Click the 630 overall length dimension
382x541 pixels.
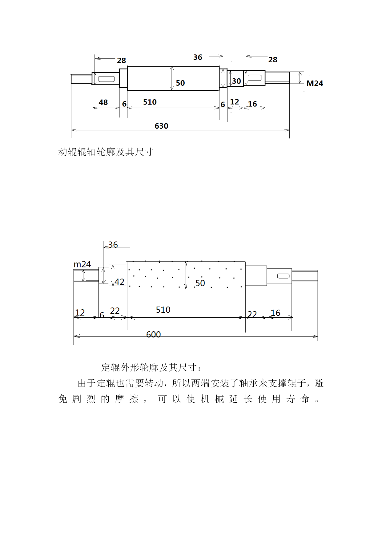click(161, 126)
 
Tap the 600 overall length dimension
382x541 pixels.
click(153, 334)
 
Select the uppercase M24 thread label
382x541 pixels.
click(315, 83)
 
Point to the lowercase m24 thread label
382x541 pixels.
click(82, 264)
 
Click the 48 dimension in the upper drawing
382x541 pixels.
click(103, 102)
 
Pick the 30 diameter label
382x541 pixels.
click(236, 81)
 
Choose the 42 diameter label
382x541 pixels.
click(119, 282)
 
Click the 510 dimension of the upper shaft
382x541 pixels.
click(150, 102)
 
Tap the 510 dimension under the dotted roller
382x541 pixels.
click(163, 310)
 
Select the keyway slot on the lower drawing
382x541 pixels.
click(283, 276)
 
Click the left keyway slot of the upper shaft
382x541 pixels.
click(107, 79)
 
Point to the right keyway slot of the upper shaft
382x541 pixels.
click(255, 77)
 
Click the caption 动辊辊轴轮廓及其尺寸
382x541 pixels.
click(106, 152)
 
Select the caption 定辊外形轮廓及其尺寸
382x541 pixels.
click(152, 367)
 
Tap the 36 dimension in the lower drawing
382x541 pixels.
click(113, 245)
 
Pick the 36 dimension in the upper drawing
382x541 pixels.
click(198, 57)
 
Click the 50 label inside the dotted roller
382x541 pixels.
click(200, 283)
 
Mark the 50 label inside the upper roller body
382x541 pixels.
click(180, 83)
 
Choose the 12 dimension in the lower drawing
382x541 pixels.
click(80, 312)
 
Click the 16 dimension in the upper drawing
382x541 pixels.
click(252, 104)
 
